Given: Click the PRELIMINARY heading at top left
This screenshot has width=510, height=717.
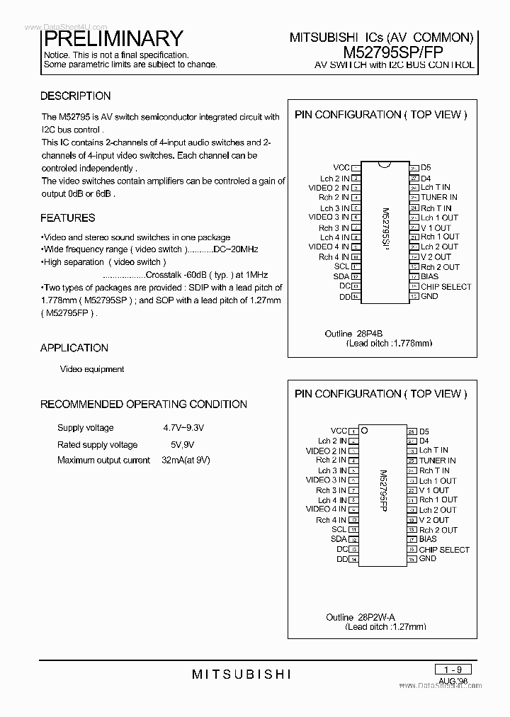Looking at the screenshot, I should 113,38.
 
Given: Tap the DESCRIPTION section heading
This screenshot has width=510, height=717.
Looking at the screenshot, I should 75,96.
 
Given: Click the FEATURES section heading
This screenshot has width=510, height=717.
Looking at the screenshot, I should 67,218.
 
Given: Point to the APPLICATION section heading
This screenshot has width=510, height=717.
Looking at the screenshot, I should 74,348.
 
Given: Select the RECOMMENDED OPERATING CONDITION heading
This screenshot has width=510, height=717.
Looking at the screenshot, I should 144,405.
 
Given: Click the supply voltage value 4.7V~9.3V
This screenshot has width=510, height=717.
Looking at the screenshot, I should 183,428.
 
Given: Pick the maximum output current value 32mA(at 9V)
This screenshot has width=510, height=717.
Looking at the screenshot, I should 186,461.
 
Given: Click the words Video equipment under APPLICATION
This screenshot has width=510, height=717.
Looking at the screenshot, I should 92,369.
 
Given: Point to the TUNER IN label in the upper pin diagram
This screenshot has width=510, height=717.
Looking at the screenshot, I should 438,198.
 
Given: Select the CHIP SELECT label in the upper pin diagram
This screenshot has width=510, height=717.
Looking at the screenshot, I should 446,287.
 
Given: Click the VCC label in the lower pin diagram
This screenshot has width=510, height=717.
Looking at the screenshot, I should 339,431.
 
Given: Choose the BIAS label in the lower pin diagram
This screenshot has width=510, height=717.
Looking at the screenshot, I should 429,539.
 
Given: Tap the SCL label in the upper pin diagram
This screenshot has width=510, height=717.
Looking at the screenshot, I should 341,266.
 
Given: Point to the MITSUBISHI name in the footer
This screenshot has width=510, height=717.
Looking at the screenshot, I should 242,674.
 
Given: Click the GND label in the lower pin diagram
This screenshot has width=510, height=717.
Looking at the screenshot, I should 428,559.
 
